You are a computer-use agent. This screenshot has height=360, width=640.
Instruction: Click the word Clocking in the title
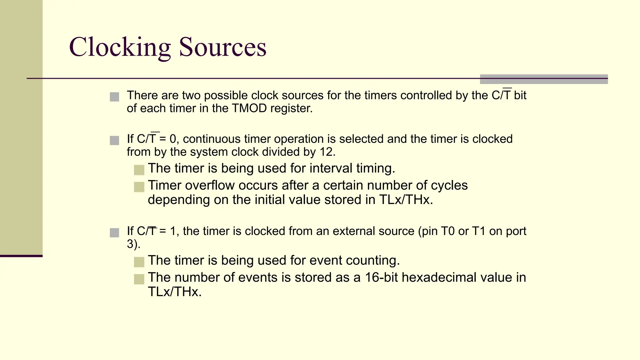[x=120, y=47]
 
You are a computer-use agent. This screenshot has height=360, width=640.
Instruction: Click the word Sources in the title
[x=222, y=47]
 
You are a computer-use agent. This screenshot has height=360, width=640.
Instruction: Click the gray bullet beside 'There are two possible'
[x=114, y=97]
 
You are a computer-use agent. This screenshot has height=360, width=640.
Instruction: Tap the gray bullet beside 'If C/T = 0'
[x=114, y=140]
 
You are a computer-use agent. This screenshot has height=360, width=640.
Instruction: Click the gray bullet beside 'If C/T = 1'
[x=114, y=233]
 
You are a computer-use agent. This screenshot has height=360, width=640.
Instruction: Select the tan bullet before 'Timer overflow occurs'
[x=139, y=187]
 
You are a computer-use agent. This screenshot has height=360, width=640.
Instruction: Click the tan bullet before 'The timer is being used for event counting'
[x=139, y=262]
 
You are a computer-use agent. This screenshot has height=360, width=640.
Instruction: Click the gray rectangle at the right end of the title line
[x=543, y=79]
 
